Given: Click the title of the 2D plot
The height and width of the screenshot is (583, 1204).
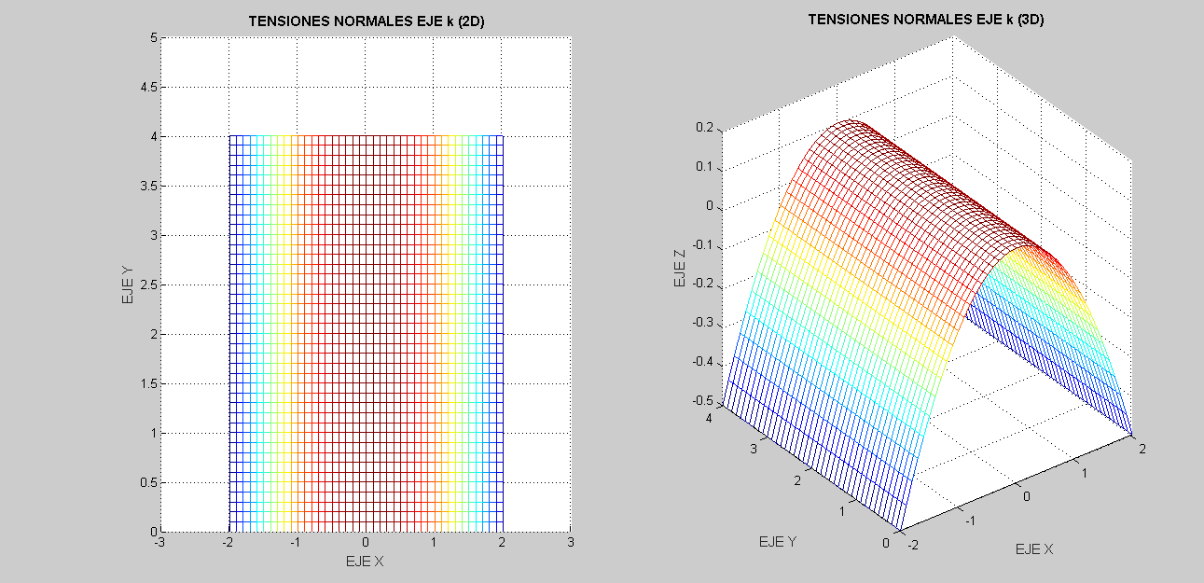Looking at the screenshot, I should tap(366, 21).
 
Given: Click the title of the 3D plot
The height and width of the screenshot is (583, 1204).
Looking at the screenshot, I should tap(925, 19).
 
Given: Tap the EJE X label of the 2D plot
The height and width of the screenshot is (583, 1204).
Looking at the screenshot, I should tap(365, 562).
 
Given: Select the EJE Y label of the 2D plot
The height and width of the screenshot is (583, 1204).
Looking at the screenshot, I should tap(126, 285).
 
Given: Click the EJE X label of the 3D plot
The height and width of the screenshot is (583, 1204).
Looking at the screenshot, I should tap(1034, 549).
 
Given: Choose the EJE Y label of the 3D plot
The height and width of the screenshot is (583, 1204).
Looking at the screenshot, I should tap(778, 541).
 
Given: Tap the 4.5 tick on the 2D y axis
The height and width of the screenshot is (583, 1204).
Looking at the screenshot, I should tap(147, 87).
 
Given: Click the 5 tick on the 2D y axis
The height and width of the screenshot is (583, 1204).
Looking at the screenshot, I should tap(153, 38).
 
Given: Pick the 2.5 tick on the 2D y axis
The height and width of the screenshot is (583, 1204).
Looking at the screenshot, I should tap(147, 285).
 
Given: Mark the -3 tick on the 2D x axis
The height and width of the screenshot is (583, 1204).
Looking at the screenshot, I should tap(160, 542).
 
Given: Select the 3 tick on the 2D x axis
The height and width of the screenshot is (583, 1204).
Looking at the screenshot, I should tap(571, 542).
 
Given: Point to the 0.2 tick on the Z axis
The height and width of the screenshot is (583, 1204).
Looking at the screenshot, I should tap(704, 128).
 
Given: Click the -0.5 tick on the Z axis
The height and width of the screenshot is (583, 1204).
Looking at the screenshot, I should tap(701, 400).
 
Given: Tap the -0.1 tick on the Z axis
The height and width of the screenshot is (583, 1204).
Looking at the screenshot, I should tap(701, 244).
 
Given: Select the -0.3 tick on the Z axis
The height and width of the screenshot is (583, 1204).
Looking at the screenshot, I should tap(701, 323).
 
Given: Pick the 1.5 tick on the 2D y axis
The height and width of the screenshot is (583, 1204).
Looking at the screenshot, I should tap(147, 383).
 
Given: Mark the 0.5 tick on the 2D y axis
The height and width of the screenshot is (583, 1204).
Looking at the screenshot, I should tap(147, 482).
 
